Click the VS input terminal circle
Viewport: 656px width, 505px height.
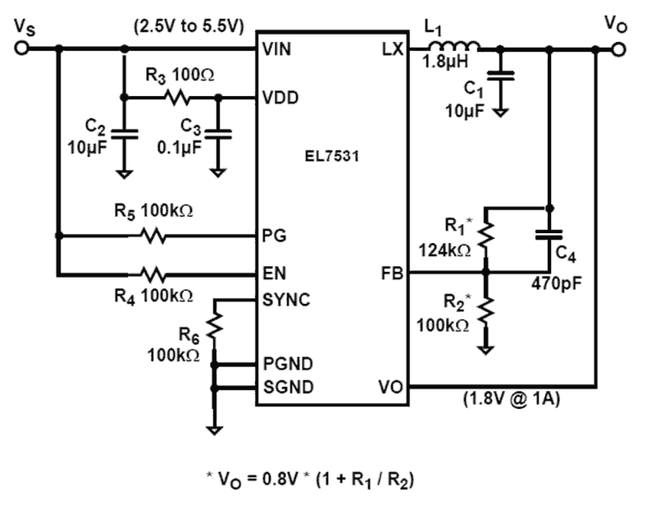pyautogui.click(x=21, y=48)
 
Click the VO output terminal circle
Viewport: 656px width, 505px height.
pyautogui.click(x=618, y=50)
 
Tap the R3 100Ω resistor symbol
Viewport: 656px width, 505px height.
pyautogui.click(x=177, y=97)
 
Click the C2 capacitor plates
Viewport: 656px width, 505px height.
pyautogui.click(x=124, y=134)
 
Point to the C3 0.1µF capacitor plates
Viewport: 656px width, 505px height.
pyautogui.click(x=218, y=134)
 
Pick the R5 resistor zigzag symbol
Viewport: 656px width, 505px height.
pyautogui.click(x=153, y=236)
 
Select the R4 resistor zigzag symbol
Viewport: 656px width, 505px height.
pyautogui.click(x=153, y=273)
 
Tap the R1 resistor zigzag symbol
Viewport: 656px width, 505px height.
pyautogui.click(x=486, y=235)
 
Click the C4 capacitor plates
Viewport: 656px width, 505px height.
pyautogui.click(x=549, y=235)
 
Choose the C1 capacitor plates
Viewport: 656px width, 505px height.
pyautogui.click(x=500, y=76)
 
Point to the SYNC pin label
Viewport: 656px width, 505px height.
pyautogui.click(x=286, y=300)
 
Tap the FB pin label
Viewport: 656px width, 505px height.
pyautogui.click(x=392, y=273)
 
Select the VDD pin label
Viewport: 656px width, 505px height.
pyautogui.click(x=280, y=98)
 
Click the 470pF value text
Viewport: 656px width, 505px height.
pyautogui.click(x=556, y=283)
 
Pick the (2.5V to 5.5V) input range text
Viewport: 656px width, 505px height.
pyautogui.click(x=189, y=27)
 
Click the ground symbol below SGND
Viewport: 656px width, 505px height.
pyautogui.click(x=214, y=430)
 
